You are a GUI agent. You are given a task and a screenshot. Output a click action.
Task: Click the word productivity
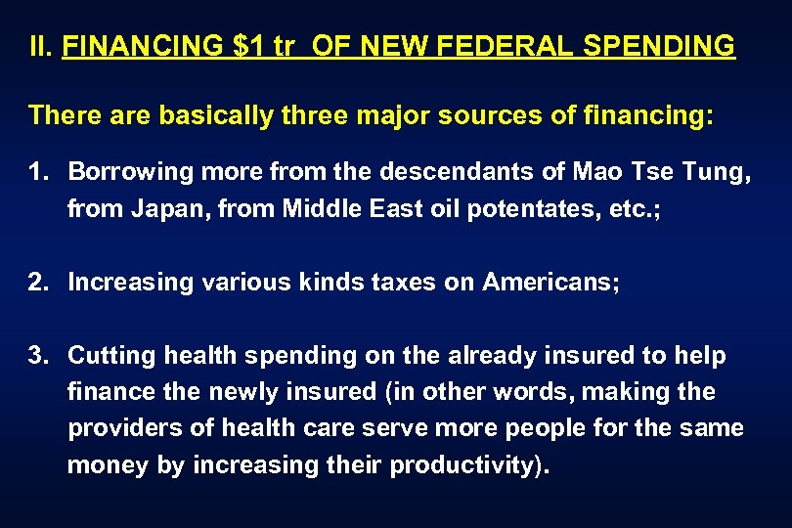point(464,464)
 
